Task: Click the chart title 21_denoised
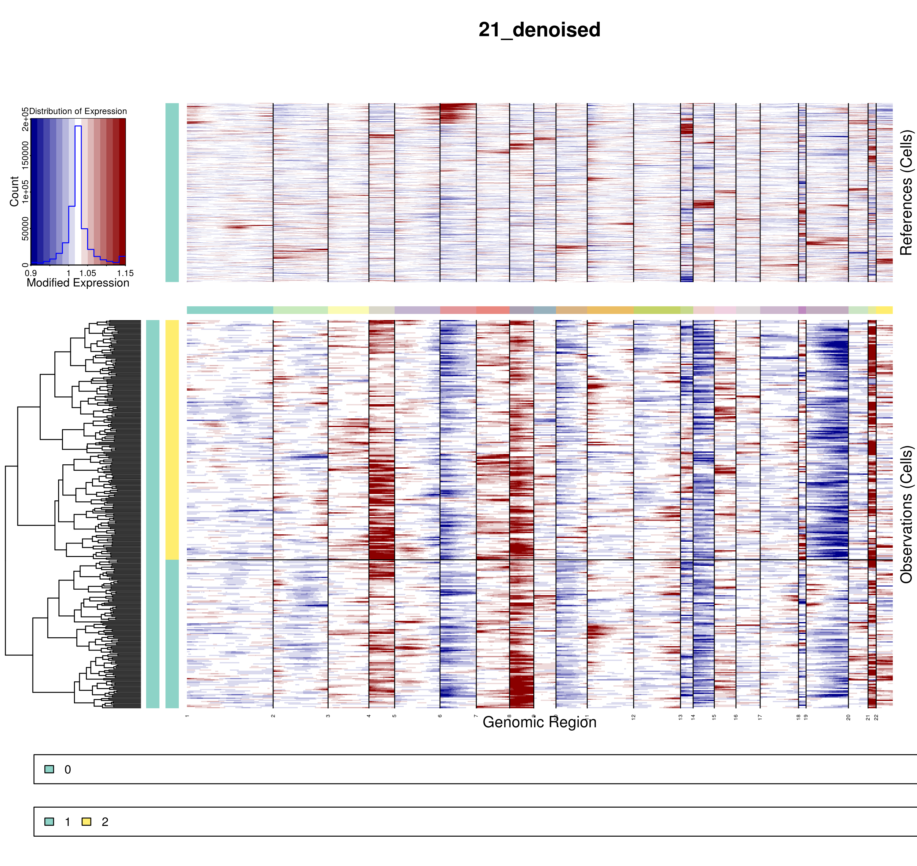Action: [x=539, y=30]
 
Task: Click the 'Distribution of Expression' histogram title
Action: [x=78, y=111]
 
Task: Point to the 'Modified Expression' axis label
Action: [x=78, y=283]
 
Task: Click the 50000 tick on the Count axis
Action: [x=25, y=229]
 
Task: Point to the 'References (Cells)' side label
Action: [x=906, y=193]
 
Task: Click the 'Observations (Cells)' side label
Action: [x=906, y=514]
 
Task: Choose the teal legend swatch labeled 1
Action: [x=49, y=822]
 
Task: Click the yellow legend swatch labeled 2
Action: [x=86, y=822]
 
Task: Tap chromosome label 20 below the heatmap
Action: [x=848, y=717]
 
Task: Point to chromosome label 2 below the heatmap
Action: [x=273, y=716]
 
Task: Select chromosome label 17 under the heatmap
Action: [x=760, y=717]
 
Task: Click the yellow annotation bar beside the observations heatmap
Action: [x=172, y=440]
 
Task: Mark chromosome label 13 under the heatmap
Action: [x=680, y=717]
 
